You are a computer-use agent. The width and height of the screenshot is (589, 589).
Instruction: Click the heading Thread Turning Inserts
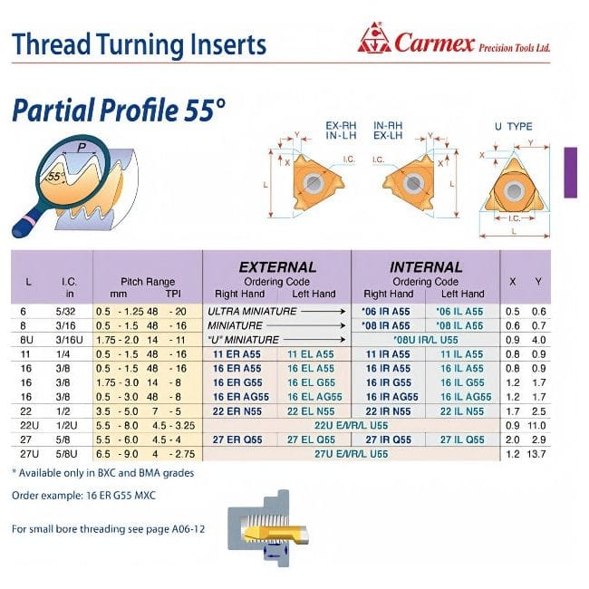140,44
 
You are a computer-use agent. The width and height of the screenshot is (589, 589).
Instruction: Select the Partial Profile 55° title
118,110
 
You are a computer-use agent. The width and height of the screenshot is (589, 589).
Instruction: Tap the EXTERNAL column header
276,267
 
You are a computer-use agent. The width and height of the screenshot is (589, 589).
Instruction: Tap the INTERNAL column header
425,267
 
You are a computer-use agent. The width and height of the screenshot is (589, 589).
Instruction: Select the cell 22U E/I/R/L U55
350,426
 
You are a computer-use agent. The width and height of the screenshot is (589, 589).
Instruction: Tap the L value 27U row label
29,453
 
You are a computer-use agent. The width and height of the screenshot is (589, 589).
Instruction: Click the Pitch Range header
147,282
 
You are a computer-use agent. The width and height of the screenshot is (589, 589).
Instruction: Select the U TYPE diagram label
513,126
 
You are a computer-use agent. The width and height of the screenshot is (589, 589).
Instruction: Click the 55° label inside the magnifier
57,177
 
